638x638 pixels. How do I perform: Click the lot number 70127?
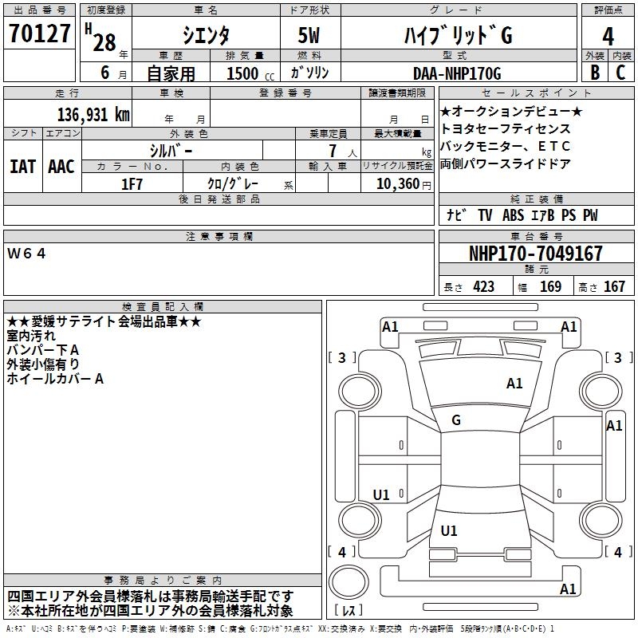tap(40, 36)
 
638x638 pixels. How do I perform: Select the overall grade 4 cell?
tap(608, 36)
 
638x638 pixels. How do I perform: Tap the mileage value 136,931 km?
tap(93, 115)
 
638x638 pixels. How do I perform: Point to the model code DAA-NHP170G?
tap(456, 73)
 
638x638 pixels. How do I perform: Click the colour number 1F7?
tap(132, 183)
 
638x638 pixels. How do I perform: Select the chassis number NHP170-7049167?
tap(535, 254)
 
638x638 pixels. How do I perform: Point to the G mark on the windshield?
tap(456, 419)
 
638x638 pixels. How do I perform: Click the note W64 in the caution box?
tap(27, 253)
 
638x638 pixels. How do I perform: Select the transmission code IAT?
tap(23, 166)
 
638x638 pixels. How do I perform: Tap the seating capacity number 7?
tap(331, 150)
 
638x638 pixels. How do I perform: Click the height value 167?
tap(614, 286)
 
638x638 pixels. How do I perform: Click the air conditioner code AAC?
tap(61, 166)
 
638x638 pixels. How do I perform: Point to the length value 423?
tap(483, 286)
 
